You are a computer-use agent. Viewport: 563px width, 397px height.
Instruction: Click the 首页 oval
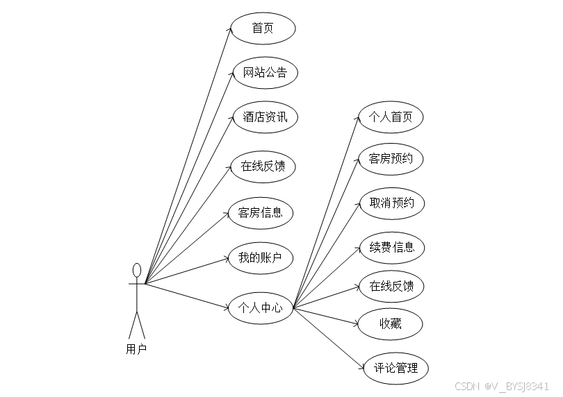(263, 28)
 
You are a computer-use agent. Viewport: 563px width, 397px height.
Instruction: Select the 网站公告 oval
(265, 72)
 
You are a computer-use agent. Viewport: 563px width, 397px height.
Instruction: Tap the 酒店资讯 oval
(265, 117)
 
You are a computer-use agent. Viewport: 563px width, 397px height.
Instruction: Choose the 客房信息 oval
(261, 212)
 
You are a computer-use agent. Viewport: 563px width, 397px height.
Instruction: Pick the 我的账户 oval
(261, 258)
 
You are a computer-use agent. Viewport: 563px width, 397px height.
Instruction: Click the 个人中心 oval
(261, 307)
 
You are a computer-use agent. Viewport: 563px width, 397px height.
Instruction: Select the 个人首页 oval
(391, 117)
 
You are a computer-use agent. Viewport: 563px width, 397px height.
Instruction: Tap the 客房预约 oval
(391, 159)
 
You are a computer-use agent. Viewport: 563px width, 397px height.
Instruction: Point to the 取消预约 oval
(392, 203)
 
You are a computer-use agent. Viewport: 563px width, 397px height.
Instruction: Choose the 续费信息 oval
(392, 247)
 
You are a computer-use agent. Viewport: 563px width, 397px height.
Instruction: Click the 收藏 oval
(391, 323)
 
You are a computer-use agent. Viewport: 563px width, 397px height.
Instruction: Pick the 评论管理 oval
(396, 368)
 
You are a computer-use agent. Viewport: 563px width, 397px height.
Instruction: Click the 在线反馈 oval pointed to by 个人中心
(392, 286)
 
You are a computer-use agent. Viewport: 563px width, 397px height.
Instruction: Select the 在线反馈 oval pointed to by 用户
(263, 166)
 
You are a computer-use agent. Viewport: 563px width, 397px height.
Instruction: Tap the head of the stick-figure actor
(137, 270)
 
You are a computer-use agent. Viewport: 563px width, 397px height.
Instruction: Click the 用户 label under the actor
(137, 349)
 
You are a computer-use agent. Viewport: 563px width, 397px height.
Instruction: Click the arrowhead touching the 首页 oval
(229, 30)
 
